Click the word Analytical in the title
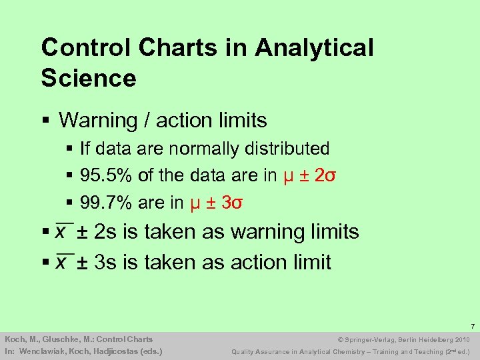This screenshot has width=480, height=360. click(314, 48)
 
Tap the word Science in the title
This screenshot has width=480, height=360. click(89, 78)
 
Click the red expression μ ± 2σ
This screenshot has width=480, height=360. click(309, 175)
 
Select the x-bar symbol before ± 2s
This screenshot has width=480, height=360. click(64, 231)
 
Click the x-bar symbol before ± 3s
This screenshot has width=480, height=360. click(64, 261)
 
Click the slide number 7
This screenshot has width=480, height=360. click(471, 326)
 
